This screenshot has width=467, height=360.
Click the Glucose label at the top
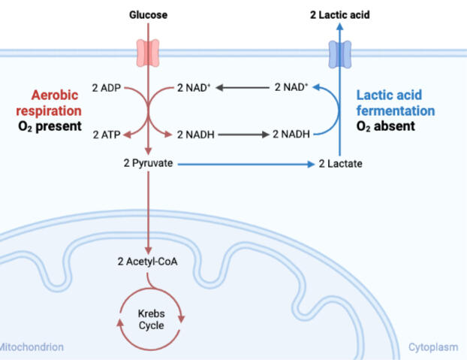[x=148, y=14]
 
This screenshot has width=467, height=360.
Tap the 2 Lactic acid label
[x=339, y=14]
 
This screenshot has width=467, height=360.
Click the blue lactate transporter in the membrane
[x=340, y=53]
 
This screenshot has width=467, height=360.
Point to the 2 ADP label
[x=106, y=88]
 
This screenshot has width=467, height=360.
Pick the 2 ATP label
[x=106, y=135]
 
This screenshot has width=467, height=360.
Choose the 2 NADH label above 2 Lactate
[x=291, y=135]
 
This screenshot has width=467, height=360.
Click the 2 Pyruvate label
[x=149, y=163]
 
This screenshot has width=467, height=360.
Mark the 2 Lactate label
[x=340, y=163]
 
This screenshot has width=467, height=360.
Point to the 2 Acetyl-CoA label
[x=148, y=262]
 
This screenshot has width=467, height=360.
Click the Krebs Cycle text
[x=150, y=319]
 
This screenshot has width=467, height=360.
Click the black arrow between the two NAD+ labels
[x=244, y=88]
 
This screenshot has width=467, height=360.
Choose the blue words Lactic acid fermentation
[x=395, y=103]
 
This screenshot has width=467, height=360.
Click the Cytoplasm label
[x=433, y=347]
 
